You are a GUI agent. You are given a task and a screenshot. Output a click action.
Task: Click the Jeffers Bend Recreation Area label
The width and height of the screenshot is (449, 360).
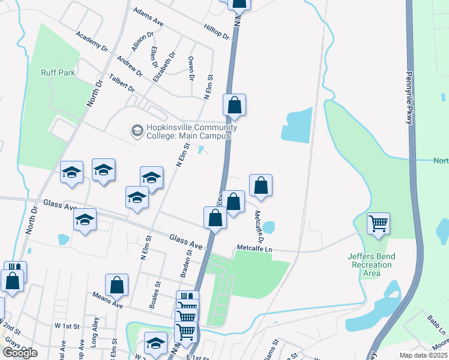pyautogui.click(x=372, y=265)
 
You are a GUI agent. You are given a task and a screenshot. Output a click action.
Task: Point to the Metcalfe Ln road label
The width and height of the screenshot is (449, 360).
pyautogui.click(x=254, y=248)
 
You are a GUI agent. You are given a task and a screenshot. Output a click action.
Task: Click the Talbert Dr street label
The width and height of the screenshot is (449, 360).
pyautogui.click(x=122, y=82)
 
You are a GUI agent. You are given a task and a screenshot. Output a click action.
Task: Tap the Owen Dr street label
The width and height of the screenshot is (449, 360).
pyautogui.click(x=191, y=69)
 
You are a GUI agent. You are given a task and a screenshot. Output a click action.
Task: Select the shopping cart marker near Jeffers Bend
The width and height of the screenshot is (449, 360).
pyautogui.click(x=378, y=224)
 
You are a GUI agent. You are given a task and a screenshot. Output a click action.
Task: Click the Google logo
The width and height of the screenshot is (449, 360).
pyautogui.click(x=20, y=352)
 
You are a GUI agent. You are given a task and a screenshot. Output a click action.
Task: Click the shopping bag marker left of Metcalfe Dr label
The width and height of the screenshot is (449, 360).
pyautogui.click(x=234, y=202)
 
